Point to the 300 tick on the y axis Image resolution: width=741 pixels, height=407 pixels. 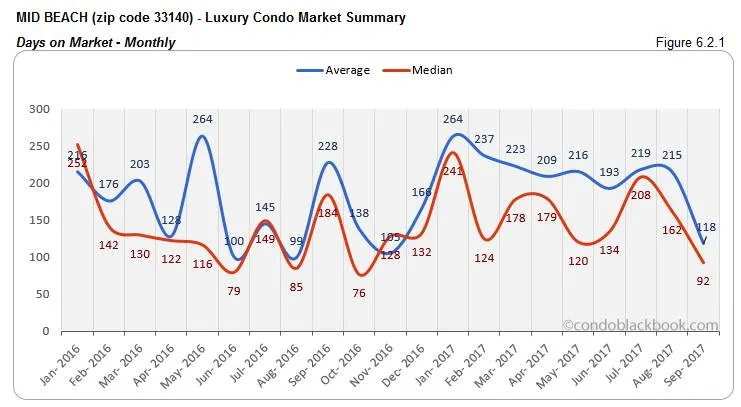(x=39, y=109)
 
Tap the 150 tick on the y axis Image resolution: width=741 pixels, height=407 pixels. (x=39, y=220)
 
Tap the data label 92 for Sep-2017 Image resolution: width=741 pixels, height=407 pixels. (x=704, y=281)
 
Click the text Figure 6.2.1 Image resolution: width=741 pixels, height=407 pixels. (x=694, y=41)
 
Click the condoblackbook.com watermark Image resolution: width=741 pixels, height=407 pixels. (x=640, y=325)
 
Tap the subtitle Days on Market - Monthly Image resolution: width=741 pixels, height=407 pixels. (x=96, y=42)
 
